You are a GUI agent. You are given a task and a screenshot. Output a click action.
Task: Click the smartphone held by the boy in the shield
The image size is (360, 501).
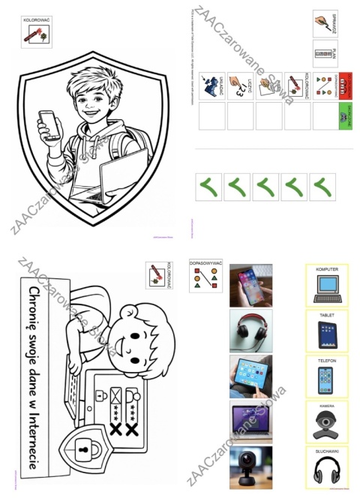(48, 123)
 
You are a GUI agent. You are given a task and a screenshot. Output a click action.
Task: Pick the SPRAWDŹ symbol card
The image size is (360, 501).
(325, 24)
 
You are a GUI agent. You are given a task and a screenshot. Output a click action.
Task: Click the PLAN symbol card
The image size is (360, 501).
(325, 54)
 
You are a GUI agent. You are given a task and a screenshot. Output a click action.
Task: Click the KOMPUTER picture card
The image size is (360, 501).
(327, 285)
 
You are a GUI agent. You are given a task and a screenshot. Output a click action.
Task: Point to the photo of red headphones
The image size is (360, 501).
(250, 330)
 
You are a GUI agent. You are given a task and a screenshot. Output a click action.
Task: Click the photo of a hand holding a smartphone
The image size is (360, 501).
(250, 285)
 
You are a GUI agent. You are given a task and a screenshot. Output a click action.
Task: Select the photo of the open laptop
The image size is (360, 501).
(250, 420)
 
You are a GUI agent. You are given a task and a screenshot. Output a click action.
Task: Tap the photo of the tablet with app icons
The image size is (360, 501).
(250, 376)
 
